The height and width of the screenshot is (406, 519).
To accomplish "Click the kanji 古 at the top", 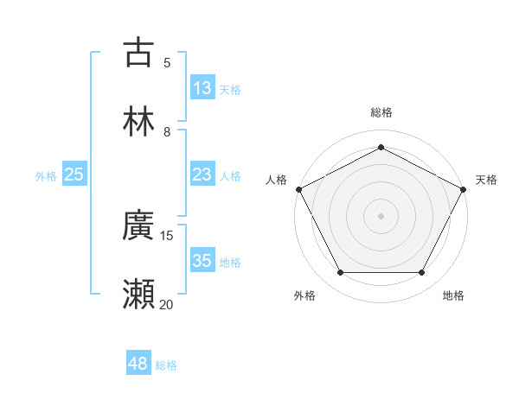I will tap(138, 52).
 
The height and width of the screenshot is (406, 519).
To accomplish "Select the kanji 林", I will tap(138, 122).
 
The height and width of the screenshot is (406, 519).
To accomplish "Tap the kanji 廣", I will tap(138, 225).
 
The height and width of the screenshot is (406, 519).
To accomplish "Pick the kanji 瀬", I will tap(138, 295).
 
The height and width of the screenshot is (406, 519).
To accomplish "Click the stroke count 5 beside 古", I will tap(167, 62).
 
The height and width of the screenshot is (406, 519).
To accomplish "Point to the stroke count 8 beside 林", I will tap(167, 132).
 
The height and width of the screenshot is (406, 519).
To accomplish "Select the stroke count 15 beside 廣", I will tap(167, 235).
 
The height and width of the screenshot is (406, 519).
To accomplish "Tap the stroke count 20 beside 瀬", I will tap(167, 304).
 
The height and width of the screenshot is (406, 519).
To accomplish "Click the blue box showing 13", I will tap(202, 88).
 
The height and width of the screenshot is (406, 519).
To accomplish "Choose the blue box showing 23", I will tap(202, 174).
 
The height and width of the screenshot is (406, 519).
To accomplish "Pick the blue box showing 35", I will tap(202, 261).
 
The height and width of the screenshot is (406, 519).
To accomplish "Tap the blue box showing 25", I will tap(74, 174).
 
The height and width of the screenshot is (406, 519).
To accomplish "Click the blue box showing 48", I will tap(138, 365).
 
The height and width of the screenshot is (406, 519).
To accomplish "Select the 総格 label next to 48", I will tap(166, 365).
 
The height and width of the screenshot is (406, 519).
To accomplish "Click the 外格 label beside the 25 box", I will tap(46, 175).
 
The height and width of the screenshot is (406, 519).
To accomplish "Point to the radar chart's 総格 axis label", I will tap(381, 112).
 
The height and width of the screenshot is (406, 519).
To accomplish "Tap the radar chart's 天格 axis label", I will tap(486, 180).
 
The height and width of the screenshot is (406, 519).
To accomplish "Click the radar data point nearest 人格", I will tap(298, 188).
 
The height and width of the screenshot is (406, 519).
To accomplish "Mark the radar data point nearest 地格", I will tap(421, 273).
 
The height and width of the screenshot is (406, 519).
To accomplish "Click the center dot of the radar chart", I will tap(381, 215).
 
